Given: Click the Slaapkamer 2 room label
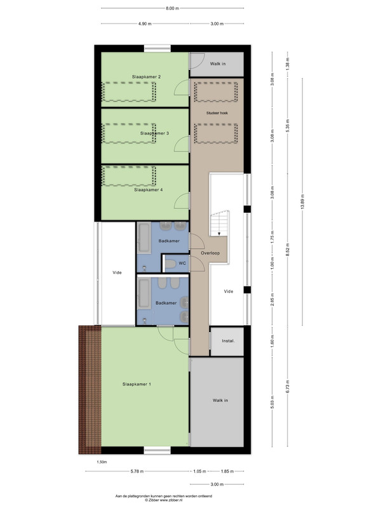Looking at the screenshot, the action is [x=146, y=77].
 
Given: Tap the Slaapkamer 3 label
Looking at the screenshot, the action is [x=154, y=133].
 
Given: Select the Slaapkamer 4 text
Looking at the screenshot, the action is [x=149, y=190].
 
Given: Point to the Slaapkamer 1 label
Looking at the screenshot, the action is [x=137, y=384].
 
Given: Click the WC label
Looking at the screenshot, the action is [x=182, y=264].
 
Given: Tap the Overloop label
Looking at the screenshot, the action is [x=210, y=253].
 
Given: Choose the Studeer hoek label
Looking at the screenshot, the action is [x=217, y=113].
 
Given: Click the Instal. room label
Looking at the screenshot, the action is [x=228, y=341].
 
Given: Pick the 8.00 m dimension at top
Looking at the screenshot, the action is [x=172, y=8].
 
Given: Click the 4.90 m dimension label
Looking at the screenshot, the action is [x=145, y=23].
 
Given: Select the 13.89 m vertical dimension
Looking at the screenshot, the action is [x=303, y=201].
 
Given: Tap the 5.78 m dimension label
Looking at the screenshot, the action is [x=137, y=471].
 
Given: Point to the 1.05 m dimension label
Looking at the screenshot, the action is [x=199, y=471].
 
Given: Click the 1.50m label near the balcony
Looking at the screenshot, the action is [x=102, y=462].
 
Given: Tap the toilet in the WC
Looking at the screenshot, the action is [x=170, y=264].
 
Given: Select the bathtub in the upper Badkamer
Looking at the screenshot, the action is [x=144, y=238].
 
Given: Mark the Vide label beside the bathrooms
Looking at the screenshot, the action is [x=117, y=272].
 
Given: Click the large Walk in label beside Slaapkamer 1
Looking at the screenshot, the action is [x=220, y=401].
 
